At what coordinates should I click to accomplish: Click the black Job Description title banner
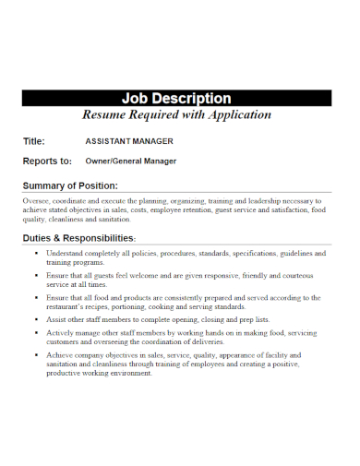click(x=179, y=99)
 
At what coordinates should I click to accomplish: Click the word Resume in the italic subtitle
click(x=104, y=115)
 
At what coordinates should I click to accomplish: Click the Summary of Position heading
click(x=82, y=186)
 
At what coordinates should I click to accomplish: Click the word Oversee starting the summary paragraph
click(x=38, y=200)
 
